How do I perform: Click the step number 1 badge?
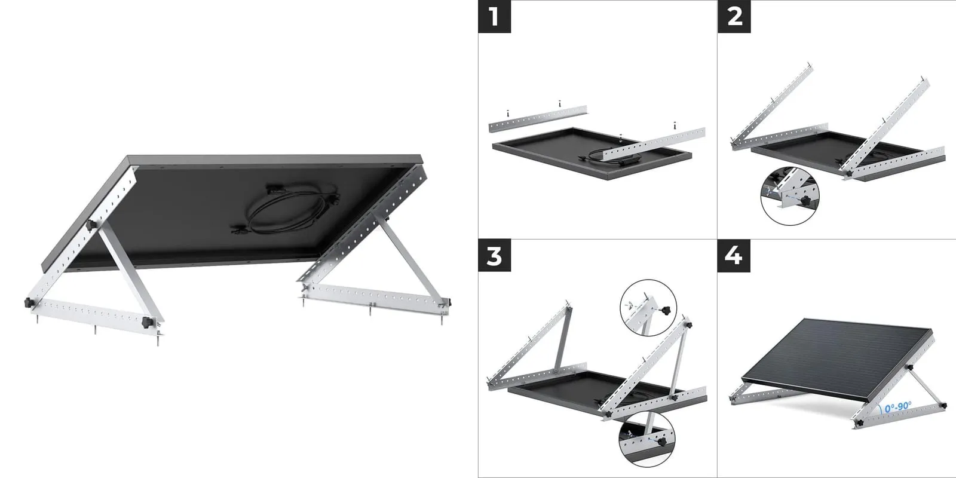(494, 16)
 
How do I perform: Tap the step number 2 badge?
(734, 16)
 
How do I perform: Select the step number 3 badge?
(494, 256)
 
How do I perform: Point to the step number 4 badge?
(734, 256)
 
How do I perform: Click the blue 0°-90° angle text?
(898, 407)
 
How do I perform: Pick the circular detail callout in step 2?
(790, 196)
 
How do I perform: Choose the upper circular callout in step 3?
(648, 308)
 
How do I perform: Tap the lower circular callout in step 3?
(647, 439)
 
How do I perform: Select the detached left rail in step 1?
(538, 119)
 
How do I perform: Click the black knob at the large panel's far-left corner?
(29, 303)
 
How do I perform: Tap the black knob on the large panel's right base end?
(448, 302)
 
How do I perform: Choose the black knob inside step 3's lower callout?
(663, 442)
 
